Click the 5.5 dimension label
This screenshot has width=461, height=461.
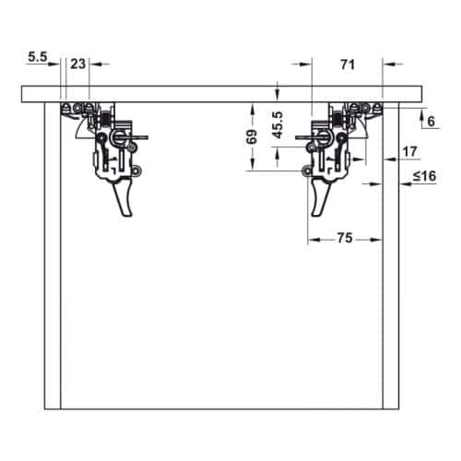point(37,57)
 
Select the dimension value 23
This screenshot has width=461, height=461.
point(77,64)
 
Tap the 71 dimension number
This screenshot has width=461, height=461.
point(348,64)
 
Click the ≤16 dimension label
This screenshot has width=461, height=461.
point(423,176)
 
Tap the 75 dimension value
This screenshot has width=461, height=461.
point(343,238)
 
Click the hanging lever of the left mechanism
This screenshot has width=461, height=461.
point(124,198)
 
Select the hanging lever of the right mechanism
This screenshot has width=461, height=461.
point(319,196)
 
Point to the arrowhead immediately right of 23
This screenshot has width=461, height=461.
point(94,64)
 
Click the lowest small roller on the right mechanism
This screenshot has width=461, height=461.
point(307,171)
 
